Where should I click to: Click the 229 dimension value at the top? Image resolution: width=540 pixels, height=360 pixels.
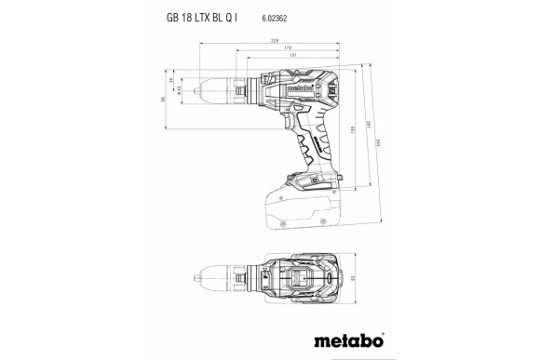pos(275,42)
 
